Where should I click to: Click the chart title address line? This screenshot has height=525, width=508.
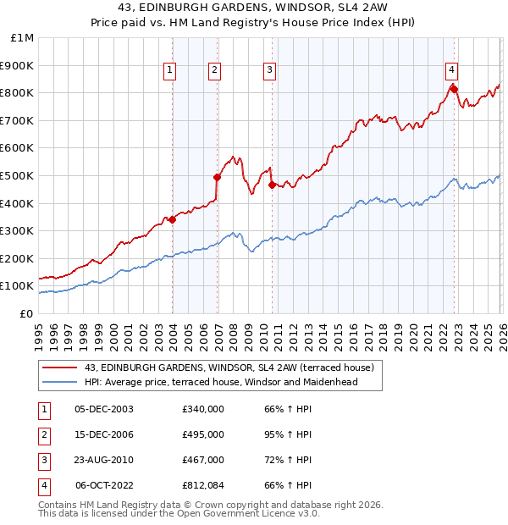coord(253,9)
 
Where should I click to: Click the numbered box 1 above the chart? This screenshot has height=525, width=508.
coord(170,71)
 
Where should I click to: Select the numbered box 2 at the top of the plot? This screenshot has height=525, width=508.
coord(215,71)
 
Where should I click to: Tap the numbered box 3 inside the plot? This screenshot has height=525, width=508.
coord(269,71)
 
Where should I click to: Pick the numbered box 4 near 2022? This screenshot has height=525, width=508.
coord(452,71)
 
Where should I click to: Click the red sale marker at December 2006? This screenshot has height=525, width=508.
coord(218,177)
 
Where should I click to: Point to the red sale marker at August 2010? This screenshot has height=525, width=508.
coord(272,185)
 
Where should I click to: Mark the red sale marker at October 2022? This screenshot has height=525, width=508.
coord(454,89)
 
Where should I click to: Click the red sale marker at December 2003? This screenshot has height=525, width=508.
coord(172,219)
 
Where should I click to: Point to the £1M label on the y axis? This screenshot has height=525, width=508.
coord(22,38)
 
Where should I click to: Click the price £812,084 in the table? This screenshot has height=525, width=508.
coord(203,485)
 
